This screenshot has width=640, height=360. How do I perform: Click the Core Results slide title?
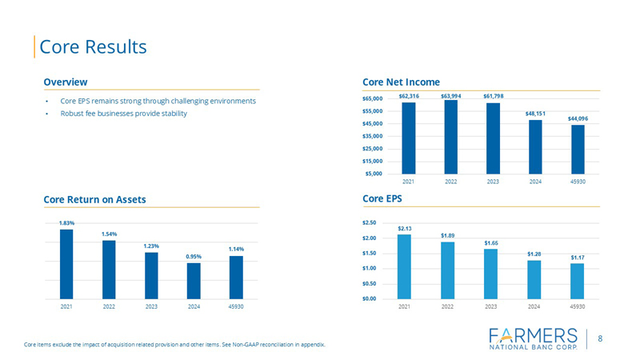(x=93, y=46)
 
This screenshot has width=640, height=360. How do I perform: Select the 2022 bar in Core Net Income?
(x=451, y=136)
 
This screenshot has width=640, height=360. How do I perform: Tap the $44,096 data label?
(x=578, y=118)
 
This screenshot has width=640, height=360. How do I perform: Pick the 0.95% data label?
(x=194, y=256)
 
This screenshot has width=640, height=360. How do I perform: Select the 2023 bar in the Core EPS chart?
(x=491, y=274)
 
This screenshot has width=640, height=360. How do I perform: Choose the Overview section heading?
(x=66, y=82)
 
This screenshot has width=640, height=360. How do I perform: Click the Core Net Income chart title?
(x=401, y=82)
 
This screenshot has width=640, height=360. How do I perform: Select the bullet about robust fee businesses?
(x=123, y=114)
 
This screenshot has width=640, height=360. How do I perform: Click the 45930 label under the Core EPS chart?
(x=577, y=306)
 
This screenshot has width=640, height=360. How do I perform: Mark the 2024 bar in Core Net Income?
(x=535, y=146)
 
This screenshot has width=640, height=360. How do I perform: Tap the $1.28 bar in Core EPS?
(x=534, y=279)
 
